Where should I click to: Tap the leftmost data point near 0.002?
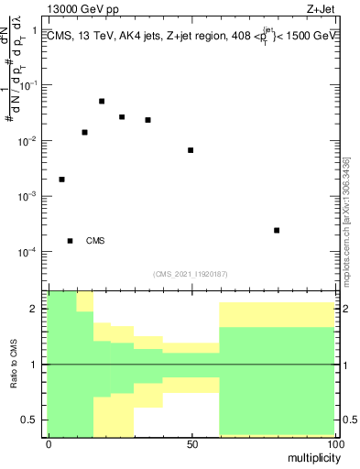(x=61, y=180)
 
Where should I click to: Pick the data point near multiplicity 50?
(x=191, y=150)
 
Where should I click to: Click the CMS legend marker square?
(x=70, y=241)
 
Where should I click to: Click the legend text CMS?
(x=95, y=241)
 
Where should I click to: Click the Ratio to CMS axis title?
(x=14, y=365)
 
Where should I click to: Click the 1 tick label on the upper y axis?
(x=34, y=31)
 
